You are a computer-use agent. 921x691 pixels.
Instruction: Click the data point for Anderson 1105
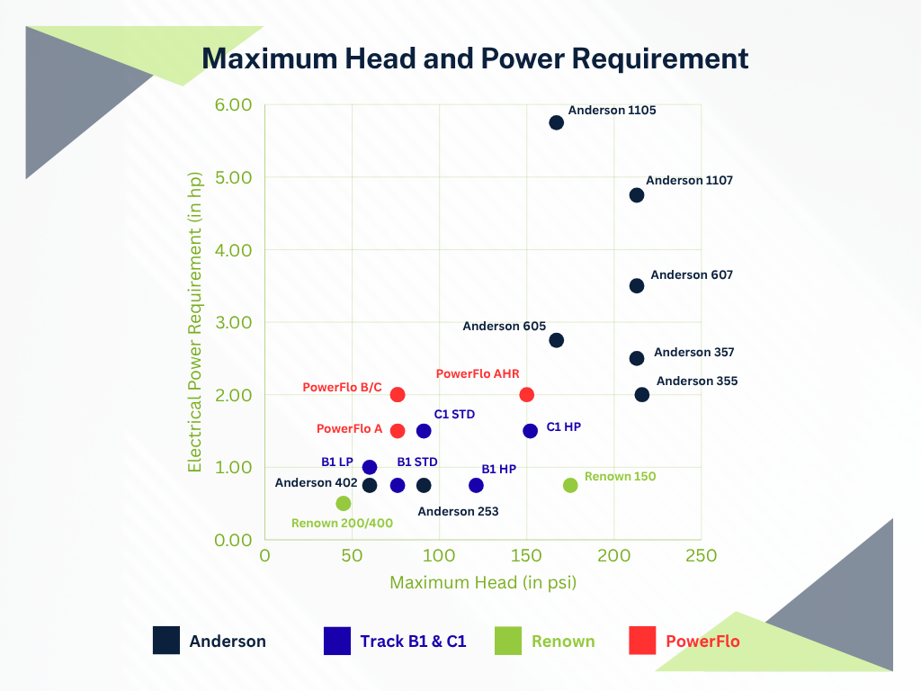pyautogui.click(x=556, y=122)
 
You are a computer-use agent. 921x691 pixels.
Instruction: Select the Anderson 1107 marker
pyautogui.click(x=637, y=195)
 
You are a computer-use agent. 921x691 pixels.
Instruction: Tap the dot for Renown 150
pyautogui.click(x=570, y=485)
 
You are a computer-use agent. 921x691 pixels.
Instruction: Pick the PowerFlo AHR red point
pyautogui.click(x=527, y=395)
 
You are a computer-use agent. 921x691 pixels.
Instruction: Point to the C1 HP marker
pyautogui.click(x=531, y=431)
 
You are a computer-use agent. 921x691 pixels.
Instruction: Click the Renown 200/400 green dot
pyautogui.click(x=344, y=503)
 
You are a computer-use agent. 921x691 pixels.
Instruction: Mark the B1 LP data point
pyautogui.click(x=370, y=467)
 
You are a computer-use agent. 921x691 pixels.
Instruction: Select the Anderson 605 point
pyautogui.click(x=556, y=340)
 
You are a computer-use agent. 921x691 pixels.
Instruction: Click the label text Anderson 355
pyautogui.click(x=697, y=381)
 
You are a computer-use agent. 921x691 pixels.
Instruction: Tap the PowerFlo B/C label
pyautogui.click(x=341, y=387)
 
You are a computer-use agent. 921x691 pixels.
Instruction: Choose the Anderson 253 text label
pyautogui.click(x=458, y=511)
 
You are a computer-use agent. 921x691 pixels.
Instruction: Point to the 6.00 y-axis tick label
pyautogui.click(x=234, y=104)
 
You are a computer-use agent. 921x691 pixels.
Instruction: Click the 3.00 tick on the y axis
pyautogui.click(x=234, y=322)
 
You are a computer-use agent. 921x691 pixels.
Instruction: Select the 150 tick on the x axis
pyautogui.click(x=527, y=556)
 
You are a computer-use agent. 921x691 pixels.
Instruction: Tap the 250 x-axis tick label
pyautogui.click(x=702, y=556)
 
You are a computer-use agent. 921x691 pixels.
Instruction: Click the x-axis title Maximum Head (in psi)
pyautogui.click(x=483, y=583)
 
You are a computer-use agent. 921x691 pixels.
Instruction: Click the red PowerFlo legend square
pyautogui.click(x=643, y=641)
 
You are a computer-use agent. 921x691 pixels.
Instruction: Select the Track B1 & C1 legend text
pyautogui.click(x=413, y=642)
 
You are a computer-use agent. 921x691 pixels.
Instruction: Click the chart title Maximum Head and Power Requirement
pyautogui.click(x=475, y=58)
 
